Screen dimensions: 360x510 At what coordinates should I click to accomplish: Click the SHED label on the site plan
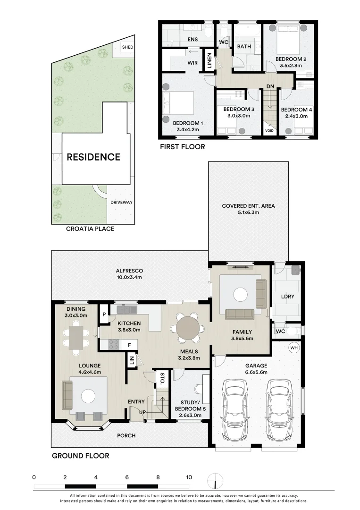[128, 47]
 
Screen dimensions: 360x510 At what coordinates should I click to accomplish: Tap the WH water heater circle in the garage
[294, 348]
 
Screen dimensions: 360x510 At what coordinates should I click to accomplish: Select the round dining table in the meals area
[188, 328]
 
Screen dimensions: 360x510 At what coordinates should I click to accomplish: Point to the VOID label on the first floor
[269, 131]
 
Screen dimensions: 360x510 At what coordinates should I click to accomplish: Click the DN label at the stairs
[270, 86]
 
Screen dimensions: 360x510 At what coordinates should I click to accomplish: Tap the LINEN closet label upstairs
[209, 60]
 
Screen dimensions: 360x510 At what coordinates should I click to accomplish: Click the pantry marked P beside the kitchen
[104, 314]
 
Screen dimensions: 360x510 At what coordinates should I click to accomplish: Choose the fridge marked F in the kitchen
[129, 345]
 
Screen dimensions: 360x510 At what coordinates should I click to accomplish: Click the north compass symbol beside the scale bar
[215, 480]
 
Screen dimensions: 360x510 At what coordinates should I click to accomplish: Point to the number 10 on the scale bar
[189, 477]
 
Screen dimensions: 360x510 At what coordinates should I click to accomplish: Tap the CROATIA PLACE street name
[90, 229]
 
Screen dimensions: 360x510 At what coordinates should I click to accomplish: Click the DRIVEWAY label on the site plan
[122, 202]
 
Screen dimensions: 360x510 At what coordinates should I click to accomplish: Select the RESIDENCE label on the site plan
[93, 157]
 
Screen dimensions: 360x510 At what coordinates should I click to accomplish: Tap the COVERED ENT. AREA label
[248, 206]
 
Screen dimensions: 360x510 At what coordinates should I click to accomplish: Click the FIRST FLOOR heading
[183, 147]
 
